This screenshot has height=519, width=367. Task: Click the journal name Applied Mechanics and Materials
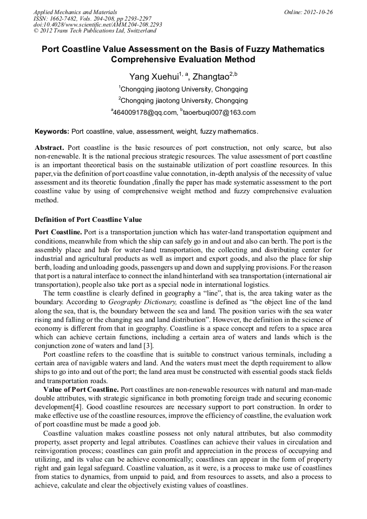75,11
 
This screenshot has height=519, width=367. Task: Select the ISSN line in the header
93,18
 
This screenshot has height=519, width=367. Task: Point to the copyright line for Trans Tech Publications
95,31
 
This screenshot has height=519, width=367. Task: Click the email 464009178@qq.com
145,113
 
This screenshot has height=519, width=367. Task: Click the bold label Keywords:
52,132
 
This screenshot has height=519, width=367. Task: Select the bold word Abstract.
49,148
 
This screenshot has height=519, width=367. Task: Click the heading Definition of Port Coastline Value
88,220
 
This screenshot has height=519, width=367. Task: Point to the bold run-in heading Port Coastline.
58,232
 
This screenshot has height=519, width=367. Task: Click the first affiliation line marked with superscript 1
183,89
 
